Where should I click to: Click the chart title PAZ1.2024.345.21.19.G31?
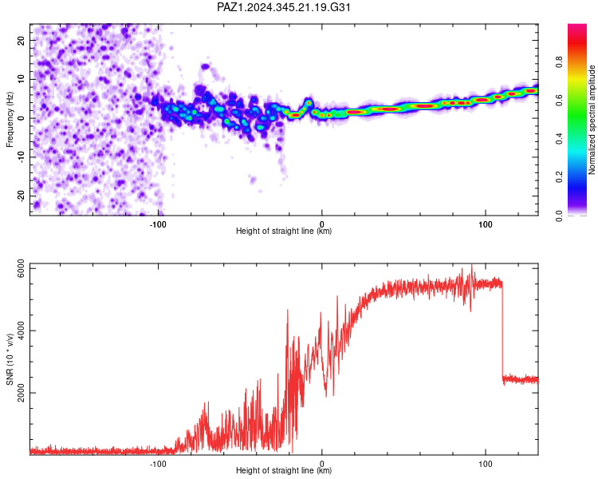283,7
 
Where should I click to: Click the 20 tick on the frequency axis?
21,40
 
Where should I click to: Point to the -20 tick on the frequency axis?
21,196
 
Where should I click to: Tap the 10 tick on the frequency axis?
21,79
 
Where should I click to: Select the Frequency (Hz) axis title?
10,120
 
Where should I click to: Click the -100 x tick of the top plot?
158,224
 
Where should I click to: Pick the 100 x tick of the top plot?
485,224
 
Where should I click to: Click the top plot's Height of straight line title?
284,231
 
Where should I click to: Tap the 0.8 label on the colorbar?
559,61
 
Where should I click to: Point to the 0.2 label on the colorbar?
559,177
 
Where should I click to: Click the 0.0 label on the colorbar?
559,216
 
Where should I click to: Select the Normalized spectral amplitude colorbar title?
592,120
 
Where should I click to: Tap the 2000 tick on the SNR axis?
21,393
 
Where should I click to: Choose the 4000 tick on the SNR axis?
21,331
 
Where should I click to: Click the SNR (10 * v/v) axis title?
10,359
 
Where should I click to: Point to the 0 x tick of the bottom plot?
322,464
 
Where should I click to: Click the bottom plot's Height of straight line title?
284,470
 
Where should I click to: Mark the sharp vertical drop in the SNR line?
502,331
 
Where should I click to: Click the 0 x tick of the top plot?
322,224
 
